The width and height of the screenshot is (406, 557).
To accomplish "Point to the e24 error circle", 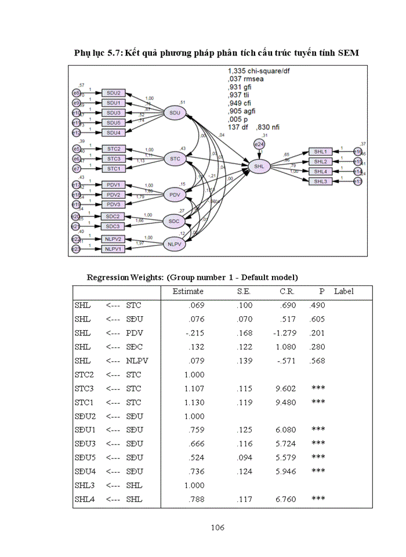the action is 259,143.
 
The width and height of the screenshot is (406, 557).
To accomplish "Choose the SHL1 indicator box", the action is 321,151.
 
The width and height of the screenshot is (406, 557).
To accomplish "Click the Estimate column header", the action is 188,291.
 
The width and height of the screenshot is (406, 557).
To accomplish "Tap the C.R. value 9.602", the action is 285,388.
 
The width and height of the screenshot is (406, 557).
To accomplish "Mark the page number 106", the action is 217,527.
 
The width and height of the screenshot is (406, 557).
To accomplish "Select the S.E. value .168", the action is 245,332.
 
